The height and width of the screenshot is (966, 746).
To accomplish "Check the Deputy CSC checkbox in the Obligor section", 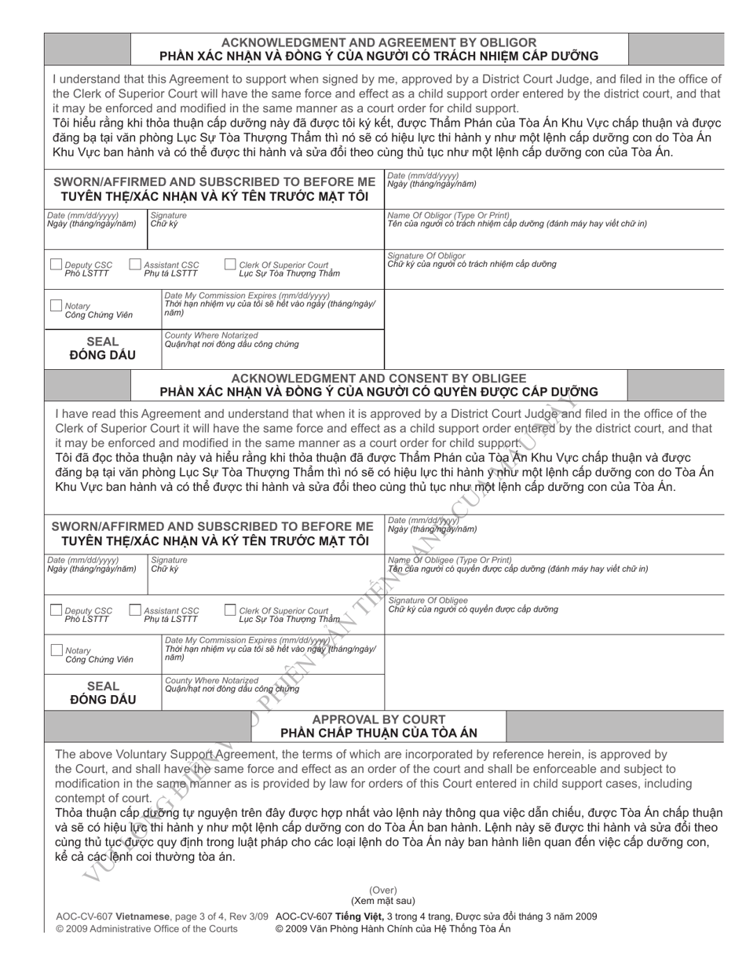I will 56,265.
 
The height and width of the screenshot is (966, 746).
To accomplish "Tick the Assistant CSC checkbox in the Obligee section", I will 135,610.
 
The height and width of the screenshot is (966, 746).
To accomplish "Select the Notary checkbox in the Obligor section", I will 56,306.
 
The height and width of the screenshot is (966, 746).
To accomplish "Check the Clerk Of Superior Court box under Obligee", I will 230,610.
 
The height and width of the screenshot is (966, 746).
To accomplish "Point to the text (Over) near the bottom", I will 383,890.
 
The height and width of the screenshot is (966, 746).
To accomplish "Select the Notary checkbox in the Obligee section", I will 56,650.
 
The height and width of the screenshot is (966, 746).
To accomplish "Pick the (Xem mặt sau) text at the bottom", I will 383,901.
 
